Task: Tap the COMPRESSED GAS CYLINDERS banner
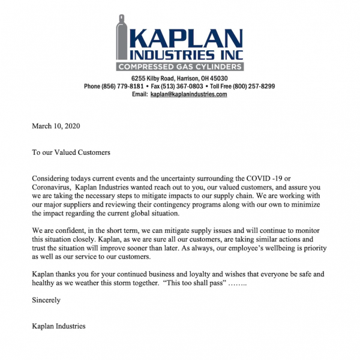coord(180,67)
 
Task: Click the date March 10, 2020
coord(56,126)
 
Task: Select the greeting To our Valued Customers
coord(71,152)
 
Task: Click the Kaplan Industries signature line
coord(59,326)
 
